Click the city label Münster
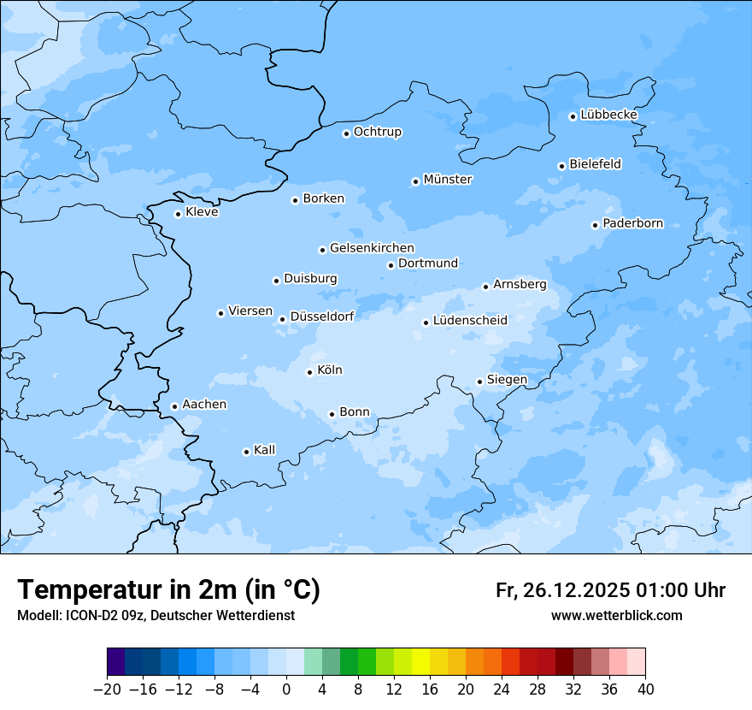pyautogui.click(x=447, y=180)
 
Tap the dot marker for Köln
pyautogui.click(x=309, y=372)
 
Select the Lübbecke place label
pyautogui.click(x=608, y=115)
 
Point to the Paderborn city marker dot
pyautogui.click(x=595, y=225)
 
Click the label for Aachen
pyautogui.click(x=204, y=405)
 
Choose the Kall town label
pyautogui.click(x=264, y=450)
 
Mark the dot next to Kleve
pyautogui.click(x=178, y=214)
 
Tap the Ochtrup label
pyautogui.click(x=377, y=132)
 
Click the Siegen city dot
pyautogui.click(x=479, y=382)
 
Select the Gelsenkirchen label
pyautogui.click(x=372, y=248)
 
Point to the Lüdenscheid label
pyautogui.click(x=470, y=321)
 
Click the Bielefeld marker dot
pyautogui.click(x=561, y=166)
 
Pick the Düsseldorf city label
pyautogui.click(x=322, y=317)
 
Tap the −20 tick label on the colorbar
pyautogui.click(x=107, y=689)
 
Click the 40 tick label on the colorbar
pyautogui.click(x=645, y=689)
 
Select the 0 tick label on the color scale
pyautogui.click(x=286, y=689)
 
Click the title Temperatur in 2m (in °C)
pyautogui.click(x=168, y=590)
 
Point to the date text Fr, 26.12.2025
pyautogui.click(x=562, y=590)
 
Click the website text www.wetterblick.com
pyautogui.click(x=616, y=616)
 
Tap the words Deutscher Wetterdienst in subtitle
pyautogui.click(x=226, y=616)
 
